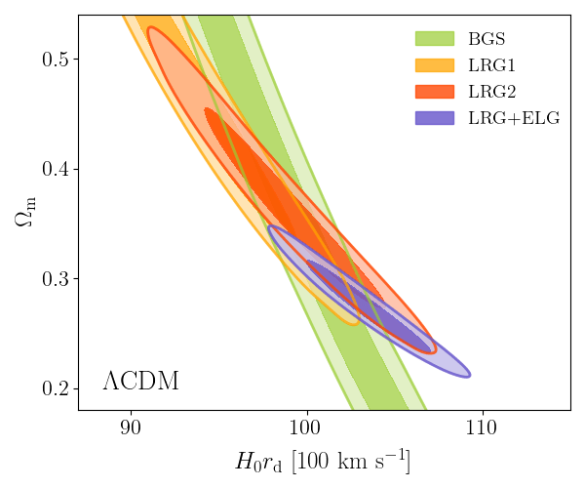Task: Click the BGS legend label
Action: [x=486, y=40]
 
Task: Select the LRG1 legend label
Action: [x=490, y=66]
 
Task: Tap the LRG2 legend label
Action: [x=490, y=92]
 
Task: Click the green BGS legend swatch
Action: [x=435, y=40]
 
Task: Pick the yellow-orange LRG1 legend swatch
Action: [x=435, y=66]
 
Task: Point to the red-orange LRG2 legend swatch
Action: [x=435, y=92]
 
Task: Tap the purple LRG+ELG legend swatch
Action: [x=435, y=118]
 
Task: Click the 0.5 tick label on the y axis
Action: [x=56, y=60]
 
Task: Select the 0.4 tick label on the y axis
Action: [x=56, y=170]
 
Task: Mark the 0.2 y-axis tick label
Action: [x=56, y=389]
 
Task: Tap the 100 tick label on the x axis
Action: [x=306, y=427]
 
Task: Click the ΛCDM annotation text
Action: [x=140, y=382]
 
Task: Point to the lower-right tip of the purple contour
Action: [x=469, y=374]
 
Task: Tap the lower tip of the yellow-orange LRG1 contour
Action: [x=354, y=322]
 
